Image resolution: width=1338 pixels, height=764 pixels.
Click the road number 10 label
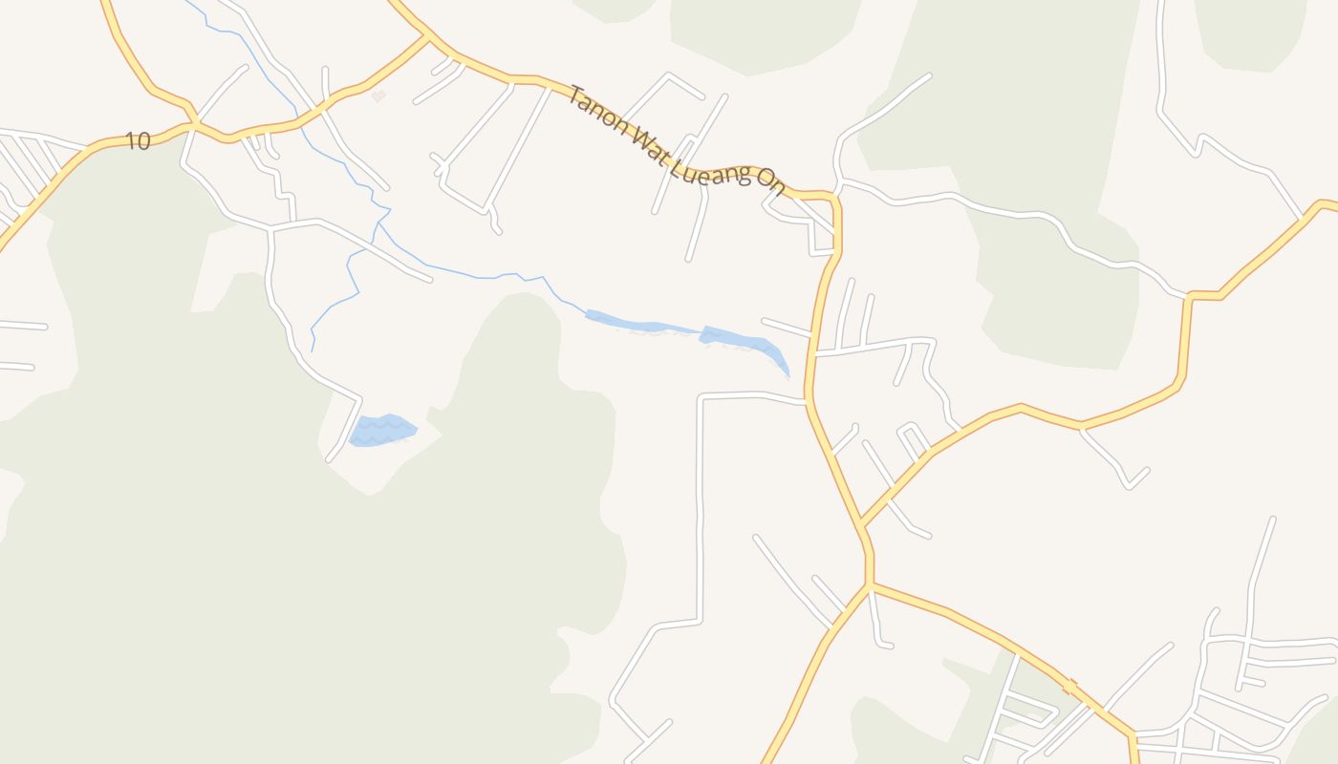138,141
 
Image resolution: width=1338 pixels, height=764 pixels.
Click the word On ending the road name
770,181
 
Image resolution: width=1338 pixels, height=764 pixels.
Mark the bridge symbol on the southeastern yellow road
1070,685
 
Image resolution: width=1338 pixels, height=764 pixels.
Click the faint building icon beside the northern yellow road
379,95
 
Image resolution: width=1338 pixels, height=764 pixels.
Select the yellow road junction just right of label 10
194,123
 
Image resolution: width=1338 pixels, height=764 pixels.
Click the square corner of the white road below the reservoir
702,396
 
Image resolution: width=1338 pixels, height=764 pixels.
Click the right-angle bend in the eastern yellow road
1190,297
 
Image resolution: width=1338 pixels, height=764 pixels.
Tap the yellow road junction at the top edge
424,36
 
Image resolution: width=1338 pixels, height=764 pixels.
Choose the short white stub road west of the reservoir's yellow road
786,327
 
